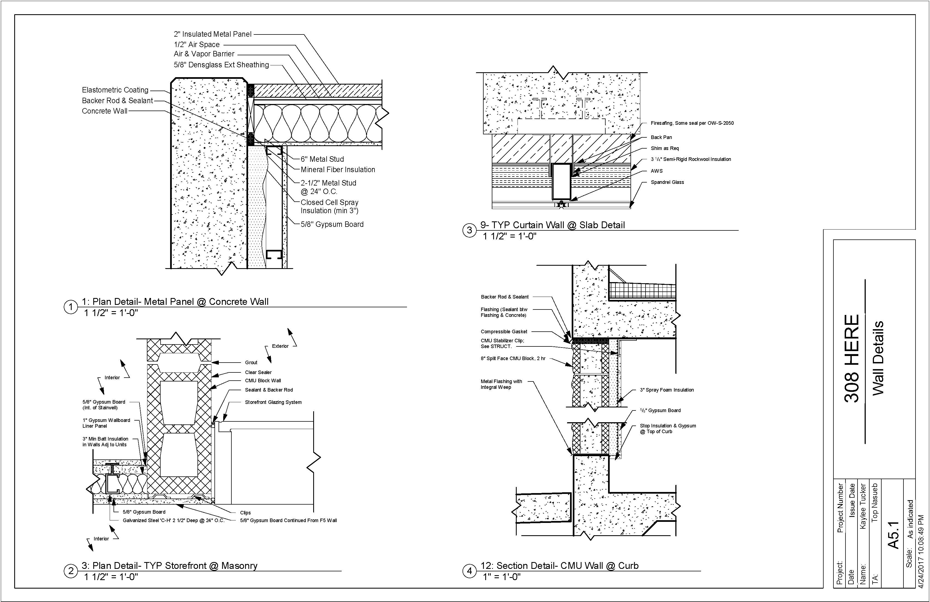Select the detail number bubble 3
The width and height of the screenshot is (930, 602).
469,230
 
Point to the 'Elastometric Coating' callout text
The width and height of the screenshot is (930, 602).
115,90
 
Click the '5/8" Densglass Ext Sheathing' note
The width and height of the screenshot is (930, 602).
221,65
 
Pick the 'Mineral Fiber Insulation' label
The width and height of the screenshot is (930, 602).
338,170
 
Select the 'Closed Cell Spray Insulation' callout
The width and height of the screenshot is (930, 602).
329,206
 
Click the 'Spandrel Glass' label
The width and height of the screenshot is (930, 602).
667,182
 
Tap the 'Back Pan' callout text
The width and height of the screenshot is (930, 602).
661,137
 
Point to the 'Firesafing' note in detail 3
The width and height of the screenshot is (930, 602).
692,123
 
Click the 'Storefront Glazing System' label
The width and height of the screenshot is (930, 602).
273,402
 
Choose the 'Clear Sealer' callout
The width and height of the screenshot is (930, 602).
258,372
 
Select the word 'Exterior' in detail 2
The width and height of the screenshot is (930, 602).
280,346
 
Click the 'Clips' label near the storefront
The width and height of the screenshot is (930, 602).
245,513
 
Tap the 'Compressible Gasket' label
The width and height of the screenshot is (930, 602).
504,331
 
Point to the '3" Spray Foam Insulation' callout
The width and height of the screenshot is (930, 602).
667,390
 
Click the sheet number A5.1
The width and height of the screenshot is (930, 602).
893,535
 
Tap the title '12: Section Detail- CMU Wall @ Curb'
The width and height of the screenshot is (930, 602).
559,566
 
